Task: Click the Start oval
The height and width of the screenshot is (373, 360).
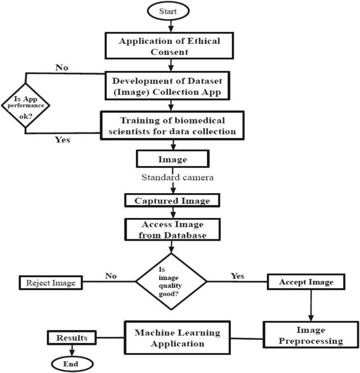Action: pos(168,11)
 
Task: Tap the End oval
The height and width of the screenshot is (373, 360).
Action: pos(72,364)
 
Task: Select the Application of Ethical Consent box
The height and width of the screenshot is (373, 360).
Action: pos(169,46)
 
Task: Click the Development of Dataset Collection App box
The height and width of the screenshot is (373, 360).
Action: pos(167,86)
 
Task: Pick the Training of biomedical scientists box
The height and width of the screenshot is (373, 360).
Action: pos(172,125)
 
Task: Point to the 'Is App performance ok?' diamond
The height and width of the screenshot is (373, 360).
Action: pos(25,106)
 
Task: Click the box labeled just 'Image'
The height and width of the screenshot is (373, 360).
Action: pos(173,159)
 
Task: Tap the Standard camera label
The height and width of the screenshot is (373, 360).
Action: pos(177,177)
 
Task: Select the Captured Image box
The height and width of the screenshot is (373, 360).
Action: pos(172,200)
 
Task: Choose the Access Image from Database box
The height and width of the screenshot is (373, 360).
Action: pos(172,230)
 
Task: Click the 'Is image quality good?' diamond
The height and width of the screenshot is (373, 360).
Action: pos(171,281)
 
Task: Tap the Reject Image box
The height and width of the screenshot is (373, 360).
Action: pos(51,283)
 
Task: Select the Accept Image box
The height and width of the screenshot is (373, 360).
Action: pos(306,282)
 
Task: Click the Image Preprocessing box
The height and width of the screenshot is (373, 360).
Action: pos(311,335)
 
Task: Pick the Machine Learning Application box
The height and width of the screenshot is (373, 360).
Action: pos(177,338)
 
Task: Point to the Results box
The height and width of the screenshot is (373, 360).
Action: pos(72,337)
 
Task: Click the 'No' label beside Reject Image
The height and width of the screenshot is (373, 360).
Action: pos(111,276)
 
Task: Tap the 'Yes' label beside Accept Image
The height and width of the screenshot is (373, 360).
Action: pos(237,276)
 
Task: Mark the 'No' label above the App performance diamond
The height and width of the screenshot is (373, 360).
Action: pos(62,68)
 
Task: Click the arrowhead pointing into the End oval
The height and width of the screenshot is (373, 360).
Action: pos(72,353)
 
